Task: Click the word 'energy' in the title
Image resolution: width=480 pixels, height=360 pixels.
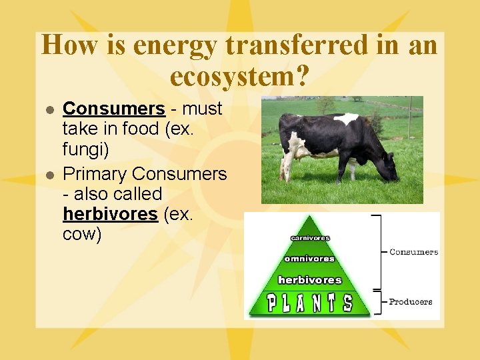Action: [175, 46]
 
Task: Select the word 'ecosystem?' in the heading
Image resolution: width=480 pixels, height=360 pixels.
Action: [239, 77]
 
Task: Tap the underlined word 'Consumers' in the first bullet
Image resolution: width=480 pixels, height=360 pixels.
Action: [113, 109]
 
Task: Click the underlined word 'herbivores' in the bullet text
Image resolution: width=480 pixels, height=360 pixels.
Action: [110, 214]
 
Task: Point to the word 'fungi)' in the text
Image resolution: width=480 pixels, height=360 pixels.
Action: [85, 151]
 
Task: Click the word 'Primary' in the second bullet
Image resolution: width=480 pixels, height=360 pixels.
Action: [95, 174]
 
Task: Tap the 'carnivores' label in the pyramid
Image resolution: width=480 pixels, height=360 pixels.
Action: [309, 238]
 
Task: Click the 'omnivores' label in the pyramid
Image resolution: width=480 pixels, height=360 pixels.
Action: [309, 259]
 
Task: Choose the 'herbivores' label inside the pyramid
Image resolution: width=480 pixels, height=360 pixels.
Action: [309, 280]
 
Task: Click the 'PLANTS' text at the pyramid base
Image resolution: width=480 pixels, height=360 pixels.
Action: [309, 303]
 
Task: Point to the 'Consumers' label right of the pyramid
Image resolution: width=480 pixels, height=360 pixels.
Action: [413, 252]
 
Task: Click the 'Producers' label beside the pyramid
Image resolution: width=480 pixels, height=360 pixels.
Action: [411, 301]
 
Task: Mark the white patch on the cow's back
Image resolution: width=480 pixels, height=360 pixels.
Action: [346, 119]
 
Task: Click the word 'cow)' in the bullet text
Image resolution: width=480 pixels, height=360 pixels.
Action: [82, 235]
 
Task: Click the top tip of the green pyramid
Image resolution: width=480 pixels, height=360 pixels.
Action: [309, 217]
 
